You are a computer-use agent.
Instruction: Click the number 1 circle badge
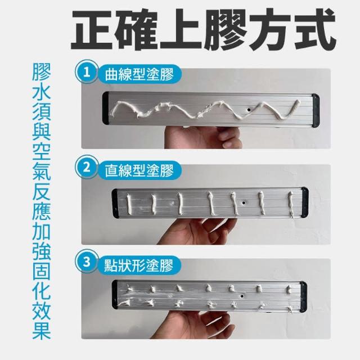tap(87, 72)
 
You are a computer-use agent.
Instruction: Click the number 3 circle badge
tap(87, 262)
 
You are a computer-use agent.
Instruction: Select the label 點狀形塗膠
tap(139, 265)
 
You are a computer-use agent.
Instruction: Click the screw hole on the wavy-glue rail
tap(249, 110)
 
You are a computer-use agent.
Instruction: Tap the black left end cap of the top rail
tap(106, 108)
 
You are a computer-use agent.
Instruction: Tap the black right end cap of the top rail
tap(316, 110)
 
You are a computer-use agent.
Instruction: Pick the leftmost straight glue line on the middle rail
tap(129, 204)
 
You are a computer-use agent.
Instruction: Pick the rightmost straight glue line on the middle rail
tap(291, 204)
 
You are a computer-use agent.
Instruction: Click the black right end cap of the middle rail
tap(305, 202)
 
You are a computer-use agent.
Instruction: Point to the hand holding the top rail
tap(204, 137)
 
